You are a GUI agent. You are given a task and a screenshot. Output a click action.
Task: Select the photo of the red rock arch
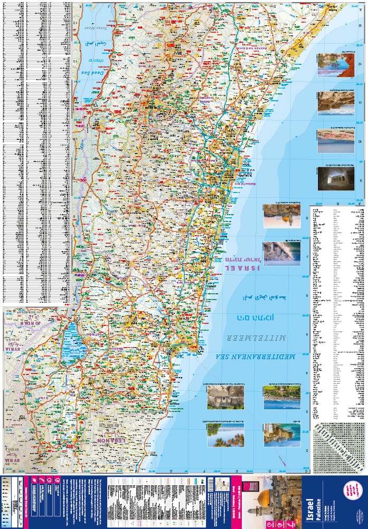point(335,65)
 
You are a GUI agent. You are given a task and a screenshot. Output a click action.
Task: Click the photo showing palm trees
point(225,436)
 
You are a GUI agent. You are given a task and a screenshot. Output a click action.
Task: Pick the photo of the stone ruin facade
point(225,397)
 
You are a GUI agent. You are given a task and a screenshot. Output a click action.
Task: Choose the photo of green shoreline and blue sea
point(282,397)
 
